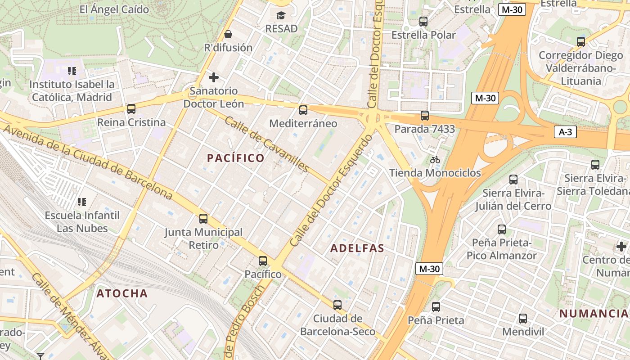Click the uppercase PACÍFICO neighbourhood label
click(x=235, y=158)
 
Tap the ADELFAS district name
click(x=357, y=248)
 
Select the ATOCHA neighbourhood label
click(x=122, y=294)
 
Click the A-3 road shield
click(x=565, y=132)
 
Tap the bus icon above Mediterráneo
click(x=303, y=110)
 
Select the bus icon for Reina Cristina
click(x=131, y=109)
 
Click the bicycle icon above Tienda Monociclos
click(x=435, y=160)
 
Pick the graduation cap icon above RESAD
click(x=281, y=16)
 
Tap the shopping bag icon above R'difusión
click(x=228, y=34)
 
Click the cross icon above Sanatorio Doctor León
click(x=214, y=77)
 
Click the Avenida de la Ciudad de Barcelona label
click(x=88, y=162)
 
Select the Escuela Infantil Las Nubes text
click(x=82, y=222)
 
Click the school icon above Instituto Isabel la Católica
click(x=72, y=71)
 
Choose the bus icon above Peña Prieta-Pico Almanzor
click(x=502, y=229)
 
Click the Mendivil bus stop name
click(x=523, y=332)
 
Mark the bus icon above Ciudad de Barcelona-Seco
click(x=337, y=305)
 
